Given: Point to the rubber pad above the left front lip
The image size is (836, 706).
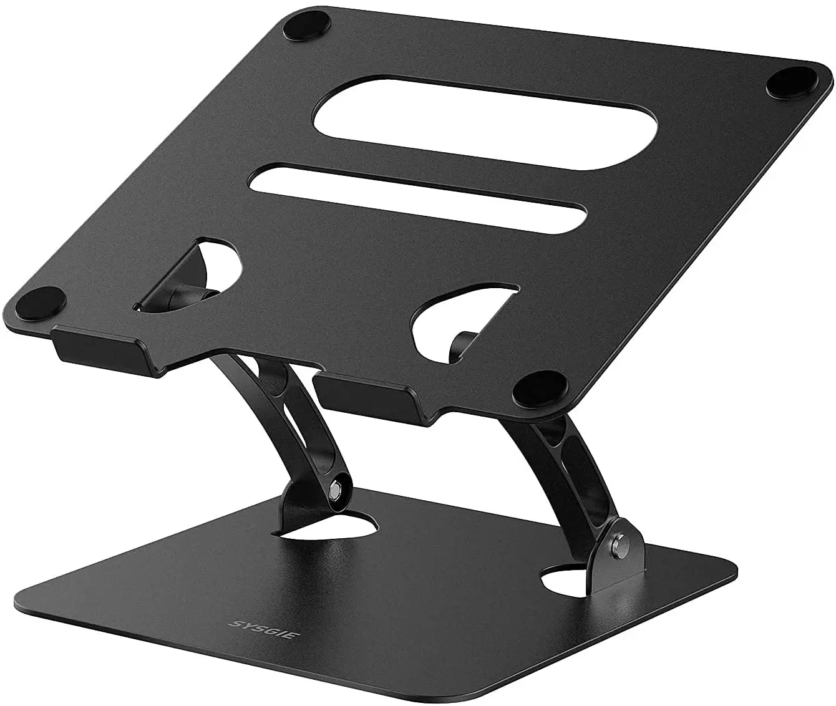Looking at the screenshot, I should (47, 298).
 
